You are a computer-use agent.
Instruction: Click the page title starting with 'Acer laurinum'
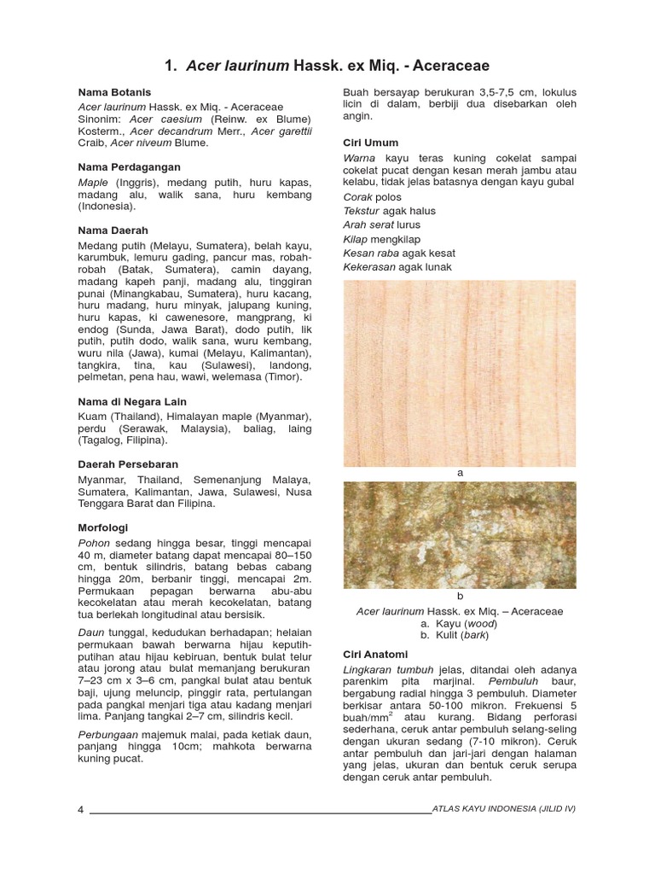(x=327, y=66)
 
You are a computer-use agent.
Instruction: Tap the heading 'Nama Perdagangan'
(x=125, y=167)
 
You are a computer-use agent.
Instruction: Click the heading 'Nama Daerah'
(x=113, y=230)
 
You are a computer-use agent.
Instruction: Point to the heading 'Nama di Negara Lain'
(x=132, y=401)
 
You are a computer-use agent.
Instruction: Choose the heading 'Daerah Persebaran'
(x=128, y=464)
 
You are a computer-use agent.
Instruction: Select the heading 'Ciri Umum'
(x=370, y=143)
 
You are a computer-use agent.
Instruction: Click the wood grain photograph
(x=460, y=373)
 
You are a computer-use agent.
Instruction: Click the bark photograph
(x=460, y=535)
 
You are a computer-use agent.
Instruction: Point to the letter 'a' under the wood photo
(x=460, y=473)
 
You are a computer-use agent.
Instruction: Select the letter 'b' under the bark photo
(x=460, y=597)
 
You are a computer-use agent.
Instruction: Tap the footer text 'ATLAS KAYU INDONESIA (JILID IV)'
(x=504, y=808)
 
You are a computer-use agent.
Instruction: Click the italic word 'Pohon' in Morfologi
(x=95, y=545)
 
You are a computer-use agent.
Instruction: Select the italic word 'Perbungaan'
(x=108, y=733)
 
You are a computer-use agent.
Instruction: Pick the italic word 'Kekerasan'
(x=369, y=267)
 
